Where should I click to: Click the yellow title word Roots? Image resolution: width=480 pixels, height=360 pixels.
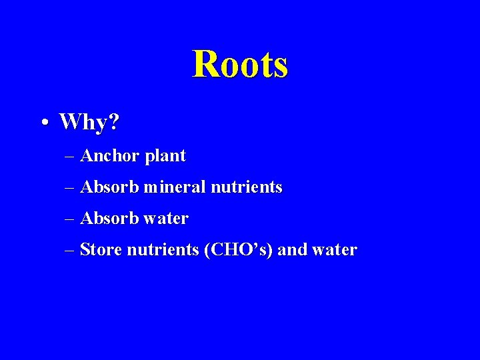pyautogui.click(x=240, y=65)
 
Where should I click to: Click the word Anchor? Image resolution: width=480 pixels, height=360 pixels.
pyautogui.click(x=109, y=156)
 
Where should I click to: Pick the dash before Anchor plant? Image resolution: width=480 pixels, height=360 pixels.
pyautogui.click(x=71, y=157)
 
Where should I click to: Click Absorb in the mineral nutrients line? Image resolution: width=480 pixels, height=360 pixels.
pyautogui.click(x=109, y=187)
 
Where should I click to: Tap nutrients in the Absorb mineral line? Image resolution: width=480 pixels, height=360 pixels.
pyautogui.click(x=247, y=187)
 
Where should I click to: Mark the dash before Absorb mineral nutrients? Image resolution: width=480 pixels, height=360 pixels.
pyautogui.click(x=71, y=189)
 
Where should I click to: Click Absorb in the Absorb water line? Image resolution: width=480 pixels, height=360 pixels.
pyautogui.click(x=109, y=218)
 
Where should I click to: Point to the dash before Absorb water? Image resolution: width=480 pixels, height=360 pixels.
pyautogui.click(x=71, y=219)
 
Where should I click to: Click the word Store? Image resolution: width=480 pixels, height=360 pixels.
pyautogui.click(x=101, y=250)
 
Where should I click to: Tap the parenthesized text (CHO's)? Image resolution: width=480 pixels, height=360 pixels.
pyautogui.click(x=239, y=250)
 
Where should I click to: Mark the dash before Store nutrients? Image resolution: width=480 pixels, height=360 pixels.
pyautogui.click(x=71, y=251)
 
